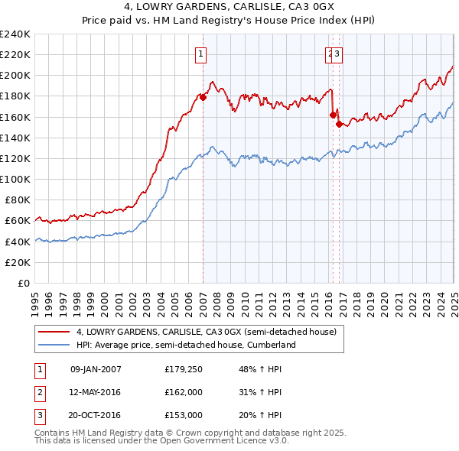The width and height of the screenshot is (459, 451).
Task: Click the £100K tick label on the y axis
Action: click(15, 179)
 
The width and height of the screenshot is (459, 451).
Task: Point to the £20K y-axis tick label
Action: click(18, 262)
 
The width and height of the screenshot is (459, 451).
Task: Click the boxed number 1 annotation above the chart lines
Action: click(200, 54)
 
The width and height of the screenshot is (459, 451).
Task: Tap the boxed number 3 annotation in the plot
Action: click(337, 54)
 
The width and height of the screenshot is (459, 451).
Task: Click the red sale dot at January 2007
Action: click(203, 97)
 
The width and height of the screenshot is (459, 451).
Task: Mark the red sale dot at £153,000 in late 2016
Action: click(339, 124)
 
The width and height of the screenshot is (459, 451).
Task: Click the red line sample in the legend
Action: click(54, 332)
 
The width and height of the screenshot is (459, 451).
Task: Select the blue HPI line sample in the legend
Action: click(54, 345)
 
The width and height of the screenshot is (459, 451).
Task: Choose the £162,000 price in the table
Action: click(183, 393)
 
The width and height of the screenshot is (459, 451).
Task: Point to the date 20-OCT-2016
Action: click(96, 415)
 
